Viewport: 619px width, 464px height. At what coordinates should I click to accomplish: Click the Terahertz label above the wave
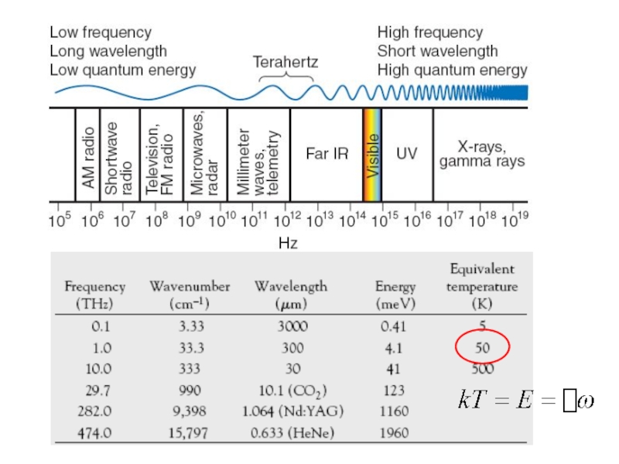286,62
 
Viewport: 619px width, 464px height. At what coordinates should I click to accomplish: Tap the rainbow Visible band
372,155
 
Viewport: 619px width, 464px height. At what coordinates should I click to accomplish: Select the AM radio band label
88,157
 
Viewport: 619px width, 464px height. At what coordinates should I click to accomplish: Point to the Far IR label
327,154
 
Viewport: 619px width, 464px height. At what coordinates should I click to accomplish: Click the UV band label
406,154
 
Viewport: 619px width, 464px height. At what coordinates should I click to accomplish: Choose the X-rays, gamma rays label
481,154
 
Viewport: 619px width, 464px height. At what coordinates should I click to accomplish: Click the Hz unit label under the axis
288,244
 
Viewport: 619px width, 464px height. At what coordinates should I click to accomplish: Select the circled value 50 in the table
482,348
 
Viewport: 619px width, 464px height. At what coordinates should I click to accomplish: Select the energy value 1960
395,434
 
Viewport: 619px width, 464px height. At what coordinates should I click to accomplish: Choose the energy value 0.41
395,326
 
